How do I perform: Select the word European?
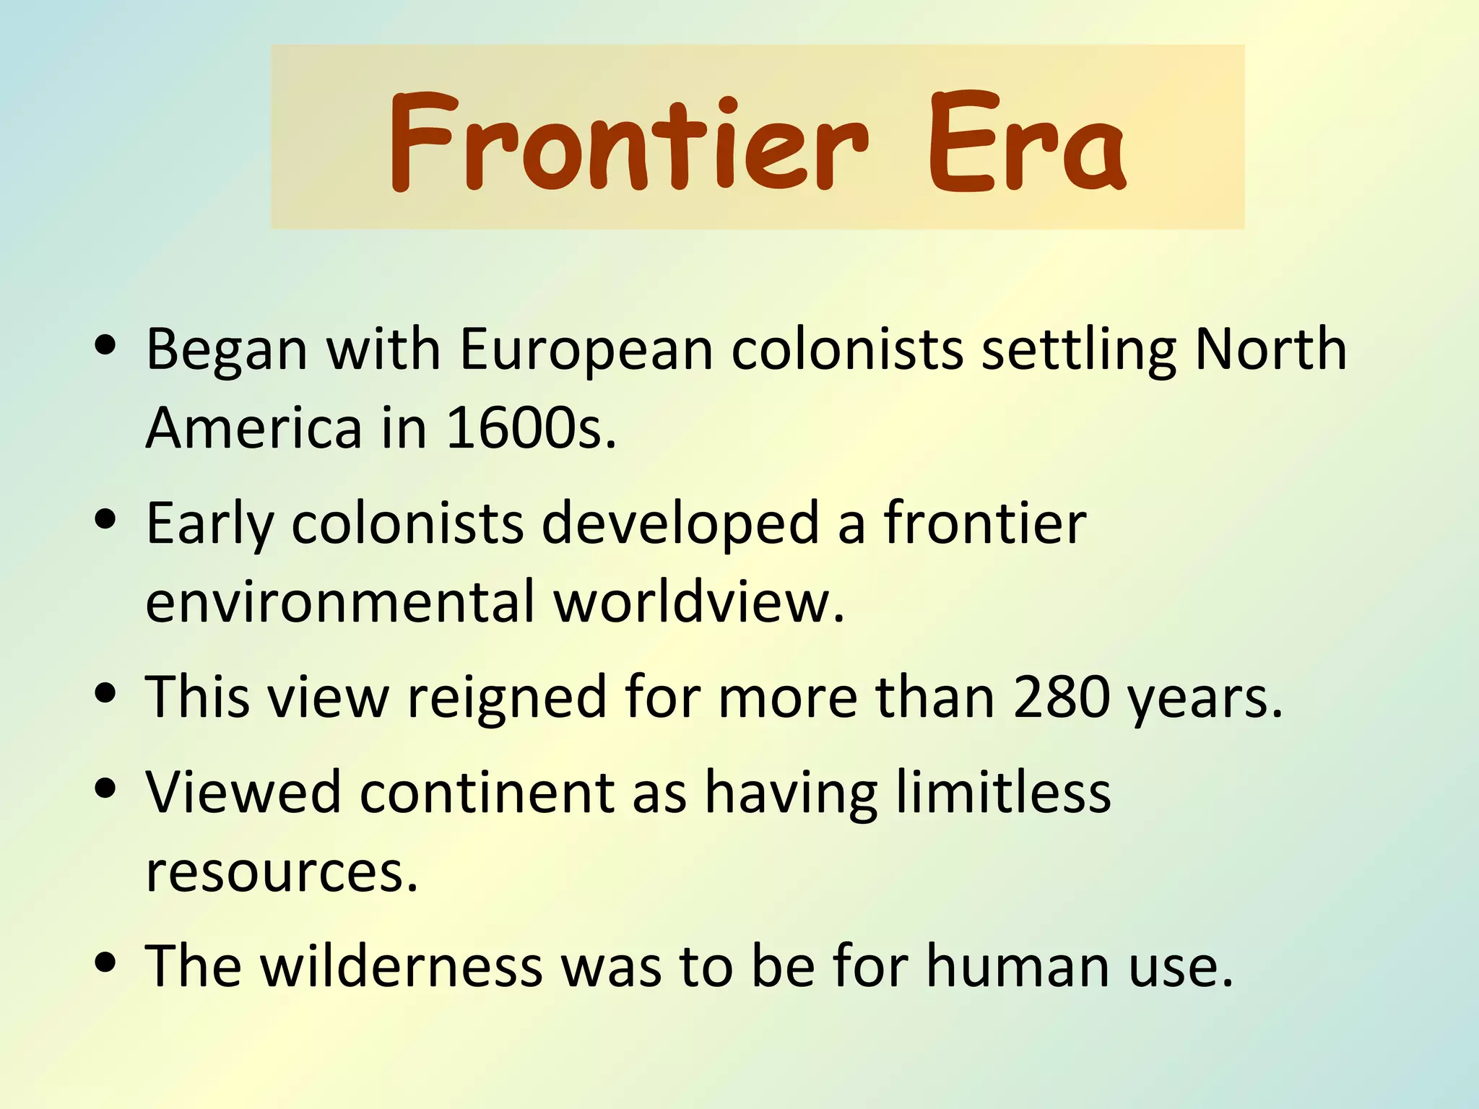point(586,349)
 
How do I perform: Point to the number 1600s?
point(531,428)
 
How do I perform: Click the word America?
point(253,428)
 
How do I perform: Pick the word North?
point(1270,349)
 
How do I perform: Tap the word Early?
point(210,523)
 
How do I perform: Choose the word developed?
point(680,523)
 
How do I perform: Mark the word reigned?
point(507,697)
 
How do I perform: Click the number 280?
point(1062,697)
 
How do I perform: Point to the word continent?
point(487,793)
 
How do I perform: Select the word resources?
point(282,871)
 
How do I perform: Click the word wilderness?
point(402,967)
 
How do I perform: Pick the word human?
point(1018,967)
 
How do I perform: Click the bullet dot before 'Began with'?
point(105,345)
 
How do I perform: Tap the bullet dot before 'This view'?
point(105,693)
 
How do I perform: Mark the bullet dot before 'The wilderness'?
point(105,962)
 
